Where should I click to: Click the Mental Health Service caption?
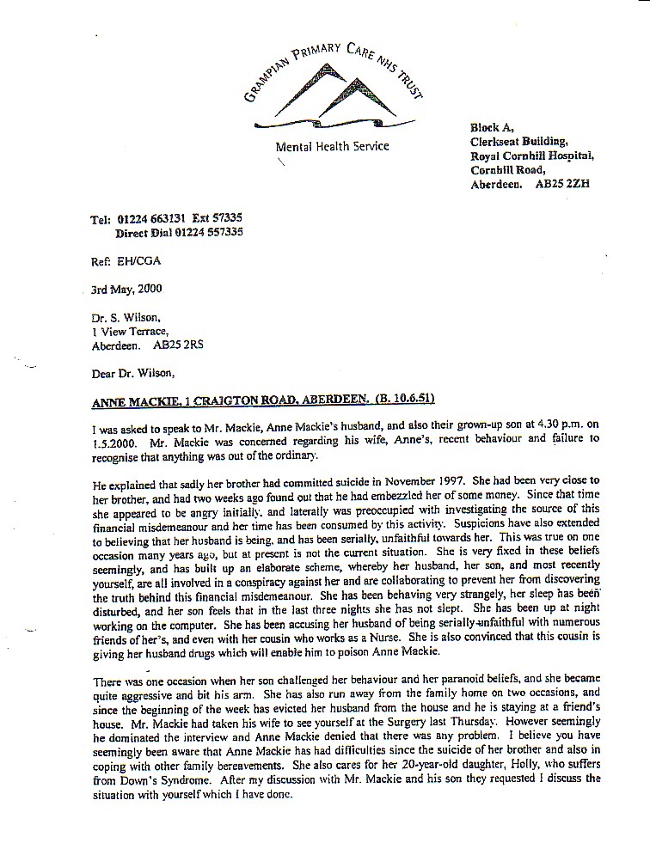click(332, 146)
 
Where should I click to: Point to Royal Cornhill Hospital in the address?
click(530, 156)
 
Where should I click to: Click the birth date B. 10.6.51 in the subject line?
click(410, 400)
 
